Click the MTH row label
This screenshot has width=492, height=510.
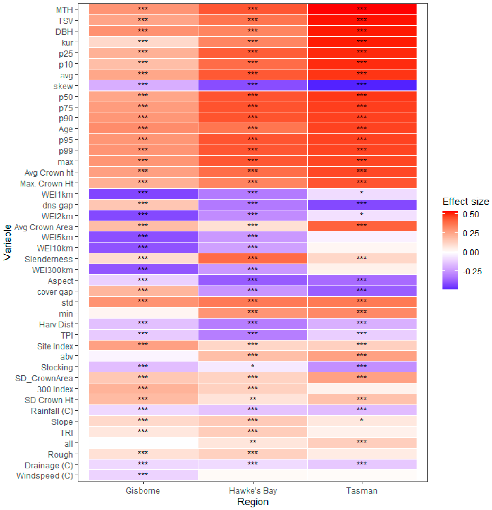click(64, 10)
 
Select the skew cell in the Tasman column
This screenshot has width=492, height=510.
click(362, 85)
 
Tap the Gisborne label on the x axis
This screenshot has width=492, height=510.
click(143, 491)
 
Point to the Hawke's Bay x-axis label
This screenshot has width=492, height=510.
click(253, 491)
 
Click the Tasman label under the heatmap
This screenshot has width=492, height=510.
click(362, 491)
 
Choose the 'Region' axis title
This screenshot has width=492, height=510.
click(253, 502)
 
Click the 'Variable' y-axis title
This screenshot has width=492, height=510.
click(8, 243)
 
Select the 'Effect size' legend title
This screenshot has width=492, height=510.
click(466, 201)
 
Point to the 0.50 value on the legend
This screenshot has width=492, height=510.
click(471, 214)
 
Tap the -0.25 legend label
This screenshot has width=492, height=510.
click(472, 271)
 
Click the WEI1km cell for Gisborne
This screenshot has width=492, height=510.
click(143, 194)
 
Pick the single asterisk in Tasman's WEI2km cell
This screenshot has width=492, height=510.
click(362, 214)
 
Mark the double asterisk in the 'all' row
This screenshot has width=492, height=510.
click(253, 442)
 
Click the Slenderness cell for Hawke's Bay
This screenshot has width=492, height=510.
click(253, 259)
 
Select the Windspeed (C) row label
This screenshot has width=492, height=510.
click(45, 476)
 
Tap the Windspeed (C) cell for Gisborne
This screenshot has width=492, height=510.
click(143, 475)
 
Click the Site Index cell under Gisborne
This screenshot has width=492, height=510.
click(143, 345)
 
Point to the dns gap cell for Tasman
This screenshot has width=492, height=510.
click(362, 205)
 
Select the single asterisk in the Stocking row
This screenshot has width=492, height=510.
click(253, 366)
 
